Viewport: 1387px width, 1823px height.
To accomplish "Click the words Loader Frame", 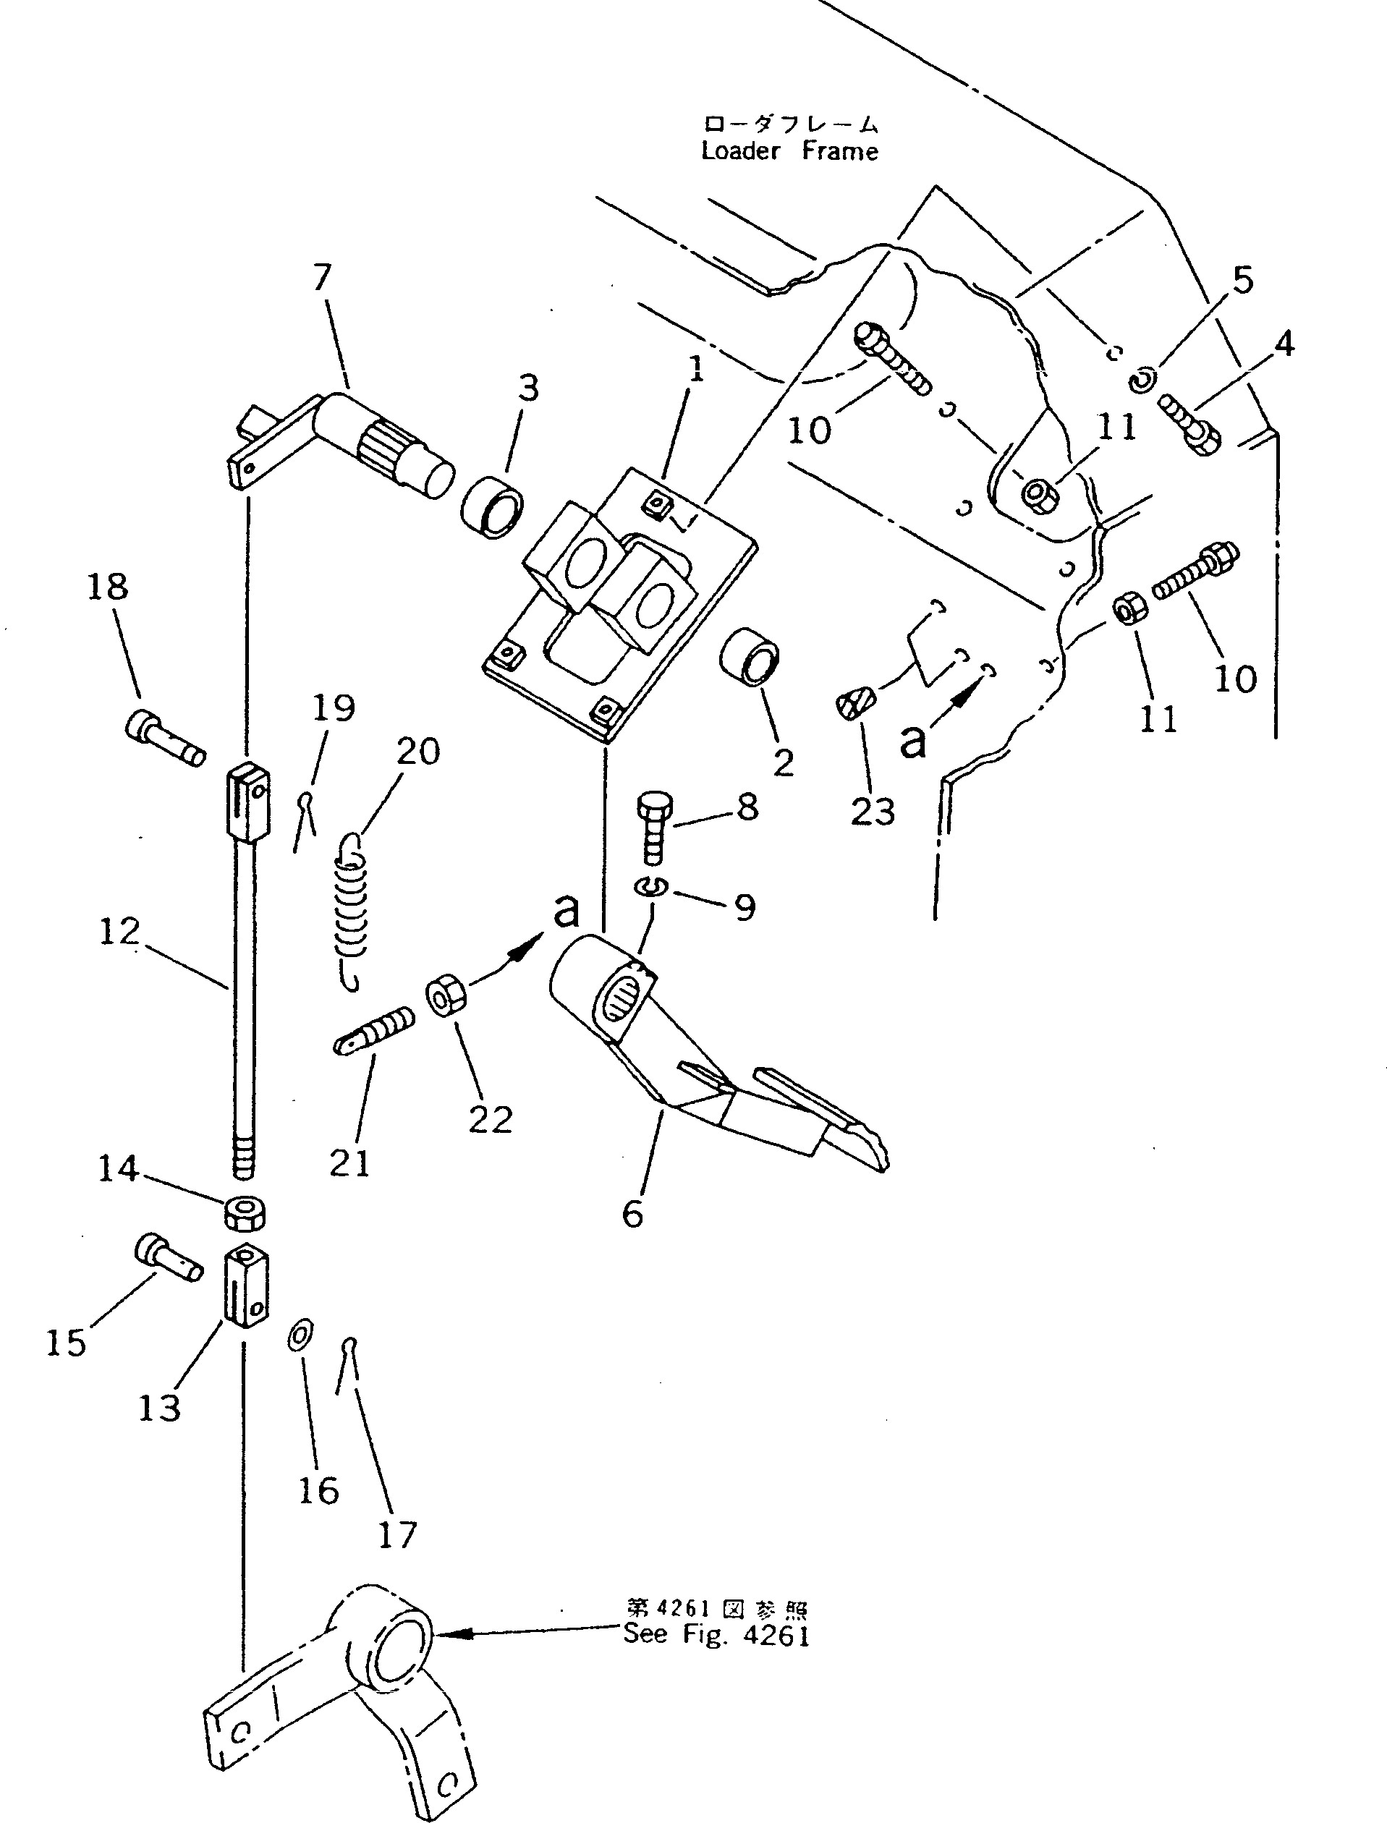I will [789, 151].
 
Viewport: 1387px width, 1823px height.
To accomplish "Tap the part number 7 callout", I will [323, 277].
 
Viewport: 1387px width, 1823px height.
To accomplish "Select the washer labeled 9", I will [650, 886].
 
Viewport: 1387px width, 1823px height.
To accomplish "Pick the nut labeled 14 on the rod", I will [244, 1212].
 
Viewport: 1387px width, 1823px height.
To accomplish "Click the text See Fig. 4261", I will [716, 1635].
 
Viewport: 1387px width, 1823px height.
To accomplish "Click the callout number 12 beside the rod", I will [119, 932].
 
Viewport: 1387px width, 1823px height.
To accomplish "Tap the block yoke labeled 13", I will [246, 1286].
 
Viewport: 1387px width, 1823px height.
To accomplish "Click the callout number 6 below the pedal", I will [632, 1213].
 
